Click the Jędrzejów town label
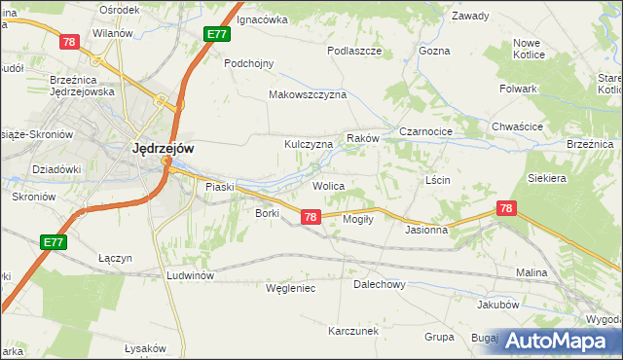coord(163,149)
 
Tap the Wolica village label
coord(328,185)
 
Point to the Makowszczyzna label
coord(308,95)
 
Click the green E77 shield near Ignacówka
coord(217,34)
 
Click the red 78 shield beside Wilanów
coord(68,42)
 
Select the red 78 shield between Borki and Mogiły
coord(310,217)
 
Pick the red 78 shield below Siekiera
coord(505,208)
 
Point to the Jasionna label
coord(426,231)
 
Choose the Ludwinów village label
coord(190,275)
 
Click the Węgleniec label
coord(291,288)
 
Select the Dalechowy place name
coord(379,285)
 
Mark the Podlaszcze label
coord(353,50)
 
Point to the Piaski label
coord(220,186)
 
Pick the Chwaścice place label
coord(517,126)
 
